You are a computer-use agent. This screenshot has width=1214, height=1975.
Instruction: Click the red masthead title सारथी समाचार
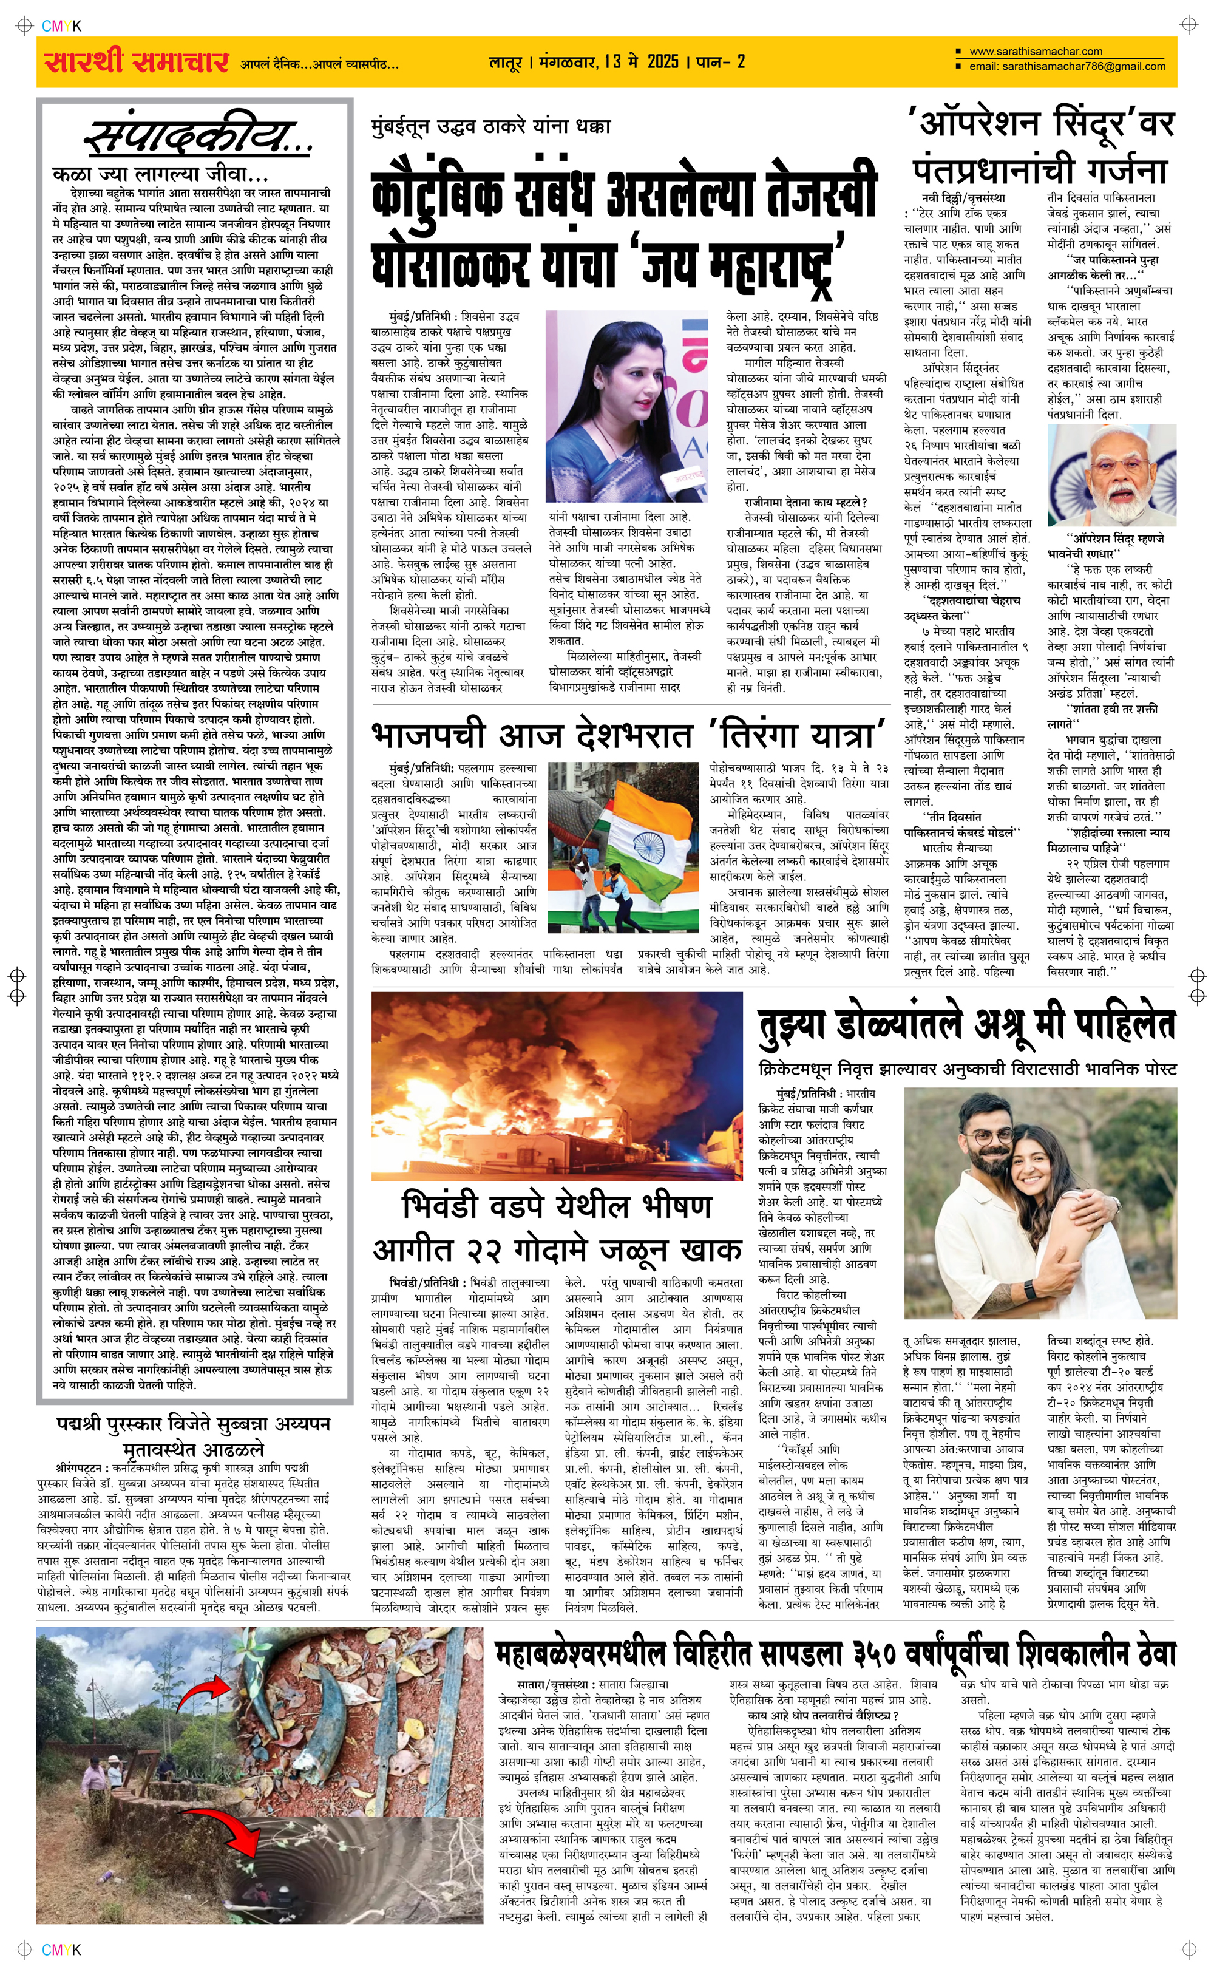pos(137,62)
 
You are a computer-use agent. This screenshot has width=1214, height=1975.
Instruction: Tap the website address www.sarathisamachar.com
pos(1036,52)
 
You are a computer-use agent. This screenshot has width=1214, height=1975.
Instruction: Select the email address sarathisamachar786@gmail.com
pos(1068,67)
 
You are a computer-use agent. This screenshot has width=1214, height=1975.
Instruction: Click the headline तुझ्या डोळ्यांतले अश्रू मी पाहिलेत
pos(967,1026)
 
